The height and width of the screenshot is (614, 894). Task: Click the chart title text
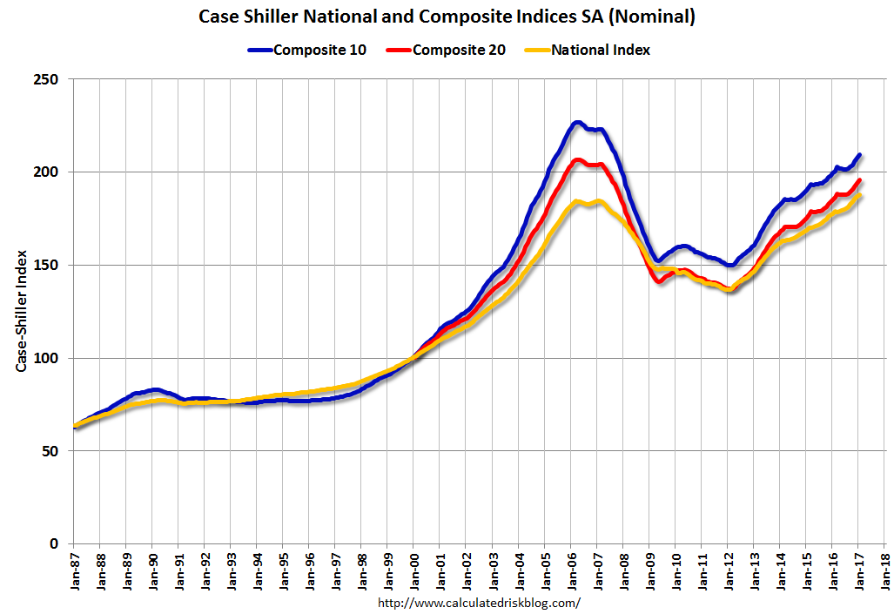[x=447, y=17]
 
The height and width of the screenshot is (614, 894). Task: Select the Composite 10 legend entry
[x=319, y=50]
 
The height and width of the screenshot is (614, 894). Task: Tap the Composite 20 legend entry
[x=458, y=50]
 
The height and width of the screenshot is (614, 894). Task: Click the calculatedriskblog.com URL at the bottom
[x=479, y=603]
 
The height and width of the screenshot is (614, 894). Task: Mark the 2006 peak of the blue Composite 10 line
[x=577, y=123]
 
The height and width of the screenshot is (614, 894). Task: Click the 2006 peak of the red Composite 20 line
[x=577, y=160]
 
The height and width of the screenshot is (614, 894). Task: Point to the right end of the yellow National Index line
[x=859, y=196]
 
